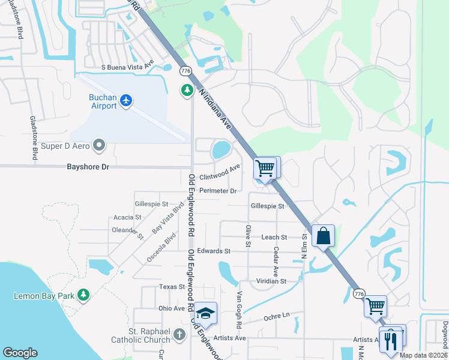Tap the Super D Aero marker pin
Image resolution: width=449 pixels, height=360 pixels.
point(100,145)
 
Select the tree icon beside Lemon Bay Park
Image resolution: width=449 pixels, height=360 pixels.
point(83,295)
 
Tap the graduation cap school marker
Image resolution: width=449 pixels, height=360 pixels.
point(206,313)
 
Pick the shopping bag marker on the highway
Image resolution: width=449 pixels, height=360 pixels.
point(323,236)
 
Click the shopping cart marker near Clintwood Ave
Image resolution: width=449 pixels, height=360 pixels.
point(265,168)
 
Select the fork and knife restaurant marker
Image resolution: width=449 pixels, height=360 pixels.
point(390,341)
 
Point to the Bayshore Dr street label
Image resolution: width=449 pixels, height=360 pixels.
point(88,167)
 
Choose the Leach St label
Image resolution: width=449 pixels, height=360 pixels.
point(274,237)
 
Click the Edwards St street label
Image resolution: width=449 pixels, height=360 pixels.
point(214,251)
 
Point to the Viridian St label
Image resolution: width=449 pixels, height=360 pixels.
point(271,280)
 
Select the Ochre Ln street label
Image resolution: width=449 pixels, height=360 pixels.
point(276,315)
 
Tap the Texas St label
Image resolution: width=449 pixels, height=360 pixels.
point(172,287)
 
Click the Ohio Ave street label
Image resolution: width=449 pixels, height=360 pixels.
point(172,308)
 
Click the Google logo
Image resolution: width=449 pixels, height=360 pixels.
point(20,353)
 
